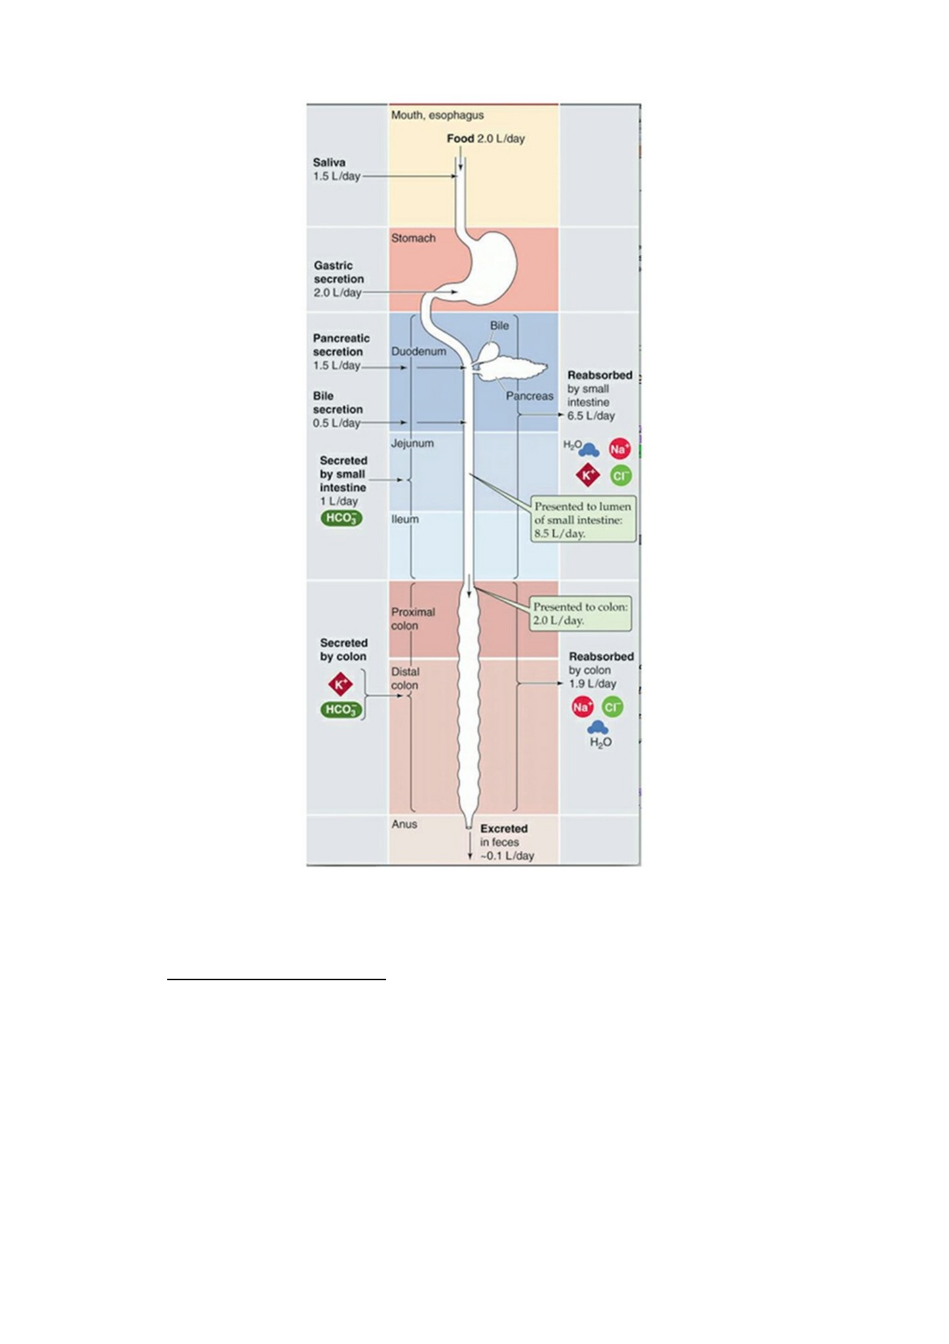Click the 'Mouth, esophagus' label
coord(437,115)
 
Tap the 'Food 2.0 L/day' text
coord(486,138)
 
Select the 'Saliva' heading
coord(329,162)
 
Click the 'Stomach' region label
coord(413,238)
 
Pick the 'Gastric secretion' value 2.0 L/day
coord(337,292)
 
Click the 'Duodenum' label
coord(418,351)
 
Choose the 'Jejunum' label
coord(412,443)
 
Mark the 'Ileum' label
coord(405,519)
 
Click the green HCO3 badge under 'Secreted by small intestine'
coord(341,519)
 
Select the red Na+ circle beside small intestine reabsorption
coord(619,449)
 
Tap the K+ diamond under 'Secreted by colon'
coord(340,685)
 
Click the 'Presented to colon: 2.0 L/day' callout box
coord(581,614)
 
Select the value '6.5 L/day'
coord(591,416)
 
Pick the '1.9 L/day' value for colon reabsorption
coord(592,684)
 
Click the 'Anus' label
coord(404,824)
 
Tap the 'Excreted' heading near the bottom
coord(503,829)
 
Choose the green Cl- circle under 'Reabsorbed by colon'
coord(612,707)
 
